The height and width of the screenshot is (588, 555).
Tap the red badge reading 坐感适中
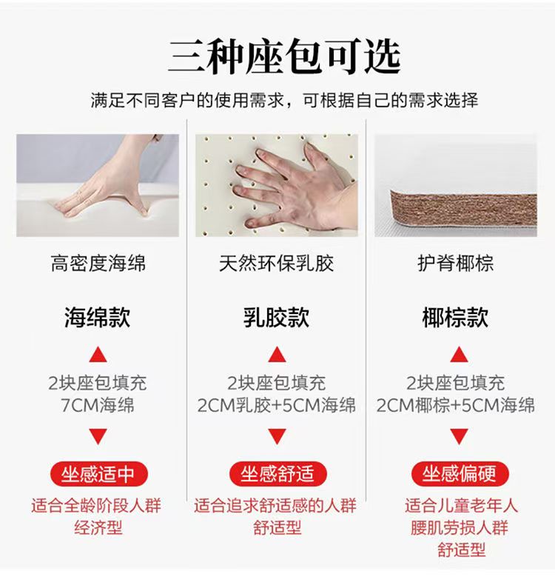tap(98, 474)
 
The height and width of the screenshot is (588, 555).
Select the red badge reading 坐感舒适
tap(277, 474)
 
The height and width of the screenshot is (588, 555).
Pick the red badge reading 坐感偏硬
tap(460, 474)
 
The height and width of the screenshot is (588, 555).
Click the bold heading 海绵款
tap(98, 317)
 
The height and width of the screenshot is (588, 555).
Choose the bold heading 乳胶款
tap(277, 317)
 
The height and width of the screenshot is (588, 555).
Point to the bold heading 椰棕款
tap(455, 317)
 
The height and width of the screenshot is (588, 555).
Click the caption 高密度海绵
tap(98, 263)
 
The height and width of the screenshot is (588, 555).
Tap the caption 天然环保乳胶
tap(277, 263)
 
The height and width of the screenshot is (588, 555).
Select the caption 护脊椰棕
tap(456, 263)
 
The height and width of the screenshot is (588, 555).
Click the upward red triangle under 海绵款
tap(98, 355)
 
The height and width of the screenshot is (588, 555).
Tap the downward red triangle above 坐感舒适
tap(277, 435)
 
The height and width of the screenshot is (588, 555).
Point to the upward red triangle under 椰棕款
tap(460, 355)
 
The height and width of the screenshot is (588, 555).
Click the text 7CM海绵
tap(98, 405)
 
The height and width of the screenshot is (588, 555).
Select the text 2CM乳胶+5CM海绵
tap(277, 405)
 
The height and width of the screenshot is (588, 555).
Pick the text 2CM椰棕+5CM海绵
tap(456, 405)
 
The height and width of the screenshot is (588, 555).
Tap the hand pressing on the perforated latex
tap(296, 186)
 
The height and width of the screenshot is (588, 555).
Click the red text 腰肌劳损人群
tap(460, 527)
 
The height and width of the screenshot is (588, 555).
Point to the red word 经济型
tap(98, 527)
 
